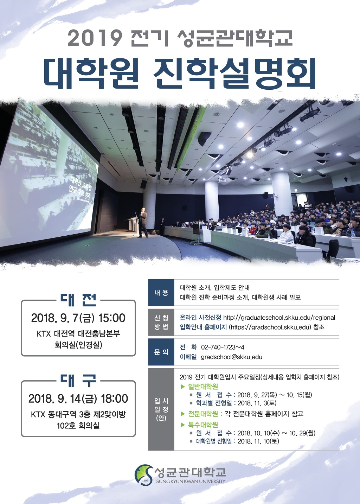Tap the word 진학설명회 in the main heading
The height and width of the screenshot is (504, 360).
coord(234,74)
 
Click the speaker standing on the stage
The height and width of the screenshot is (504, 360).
coord(143,223)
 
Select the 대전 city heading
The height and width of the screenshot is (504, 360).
coord(78,300)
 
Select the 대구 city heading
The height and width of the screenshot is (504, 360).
coord(78,381)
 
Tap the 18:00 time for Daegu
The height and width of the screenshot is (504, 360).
coord(115,398)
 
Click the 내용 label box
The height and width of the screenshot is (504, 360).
coord(161,293)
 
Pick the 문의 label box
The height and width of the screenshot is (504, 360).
coord(161,352)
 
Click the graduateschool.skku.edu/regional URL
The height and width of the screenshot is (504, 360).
coord(279,318)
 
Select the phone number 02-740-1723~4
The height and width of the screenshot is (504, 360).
coord(223,347)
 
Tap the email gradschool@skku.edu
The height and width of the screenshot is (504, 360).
coord(232,357)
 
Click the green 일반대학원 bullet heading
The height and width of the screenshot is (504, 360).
coord(203,386)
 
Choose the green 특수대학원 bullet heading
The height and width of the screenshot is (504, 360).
coord(203,425)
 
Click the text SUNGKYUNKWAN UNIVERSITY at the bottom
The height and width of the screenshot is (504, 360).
coord(191,481)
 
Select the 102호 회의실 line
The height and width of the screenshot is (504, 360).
coord(78,425)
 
